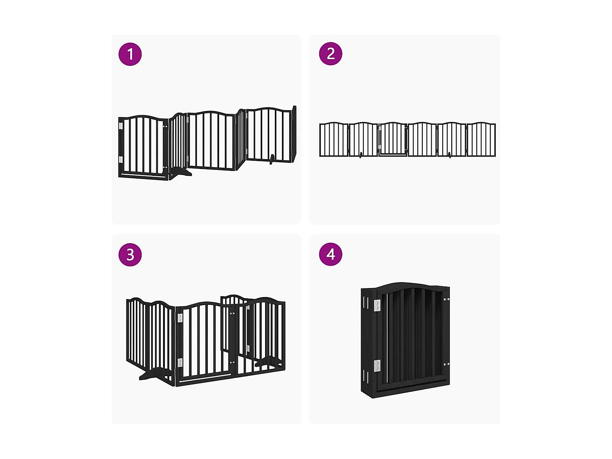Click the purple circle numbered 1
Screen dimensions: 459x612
coord(130,54)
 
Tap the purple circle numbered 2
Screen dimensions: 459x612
coord(330,53)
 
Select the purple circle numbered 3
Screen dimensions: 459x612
coord(130,255)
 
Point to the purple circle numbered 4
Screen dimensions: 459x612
coord(330,254)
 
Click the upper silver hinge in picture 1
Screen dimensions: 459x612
coord(121,126)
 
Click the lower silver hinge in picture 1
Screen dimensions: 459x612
coord(121,159)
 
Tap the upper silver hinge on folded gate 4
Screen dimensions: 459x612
coord(377,306)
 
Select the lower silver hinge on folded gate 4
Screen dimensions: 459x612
coord(377,366)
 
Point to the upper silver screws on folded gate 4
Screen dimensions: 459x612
coord(446,300)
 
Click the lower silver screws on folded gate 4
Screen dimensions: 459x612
coord(446,364)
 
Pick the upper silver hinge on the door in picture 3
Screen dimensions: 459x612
coord(180,318)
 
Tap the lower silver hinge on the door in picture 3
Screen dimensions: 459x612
coord(180,362)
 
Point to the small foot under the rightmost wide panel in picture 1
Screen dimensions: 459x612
coord(271,159)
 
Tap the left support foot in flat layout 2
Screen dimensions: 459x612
coord(361,155)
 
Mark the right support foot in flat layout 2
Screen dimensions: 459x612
coord(450,155)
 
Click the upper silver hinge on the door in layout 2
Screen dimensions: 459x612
coord(380,129)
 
